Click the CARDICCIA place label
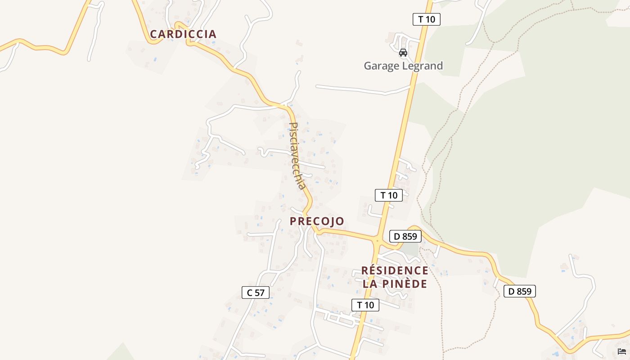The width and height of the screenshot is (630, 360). [183, 34]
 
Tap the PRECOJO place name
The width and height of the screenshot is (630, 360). [317, 221]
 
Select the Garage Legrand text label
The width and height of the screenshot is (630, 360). [403, 66]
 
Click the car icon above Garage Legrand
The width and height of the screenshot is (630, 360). [403, 52]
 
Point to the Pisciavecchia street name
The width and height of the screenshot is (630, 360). [297, 156]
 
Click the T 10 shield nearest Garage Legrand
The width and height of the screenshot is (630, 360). [426, 19]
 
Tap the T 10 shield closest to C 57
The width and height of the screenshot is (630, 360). [365, 305]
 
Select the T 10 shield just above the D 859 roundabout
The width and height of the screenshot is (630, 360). [388, 195]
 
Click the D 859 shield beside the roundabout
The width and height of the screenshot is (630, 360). [405, 236]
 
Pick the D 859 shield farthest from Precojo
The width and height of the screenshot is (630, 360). [519, 291]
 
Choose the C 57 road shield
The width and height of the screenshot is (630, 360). [256, 292]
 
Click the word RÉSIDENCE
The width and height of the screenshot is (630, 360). [395, 270]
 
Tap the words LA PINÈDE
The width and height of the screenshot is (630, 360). [395, 284]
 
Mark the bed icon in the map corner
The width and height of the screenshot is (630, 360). [622, 351]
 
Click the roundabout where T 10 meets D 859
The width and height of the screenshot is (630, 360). [377, 242]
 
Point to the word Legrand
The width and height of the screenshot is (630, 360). [423, 66]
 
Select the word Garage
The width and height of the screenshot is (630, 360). [382, 66]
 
